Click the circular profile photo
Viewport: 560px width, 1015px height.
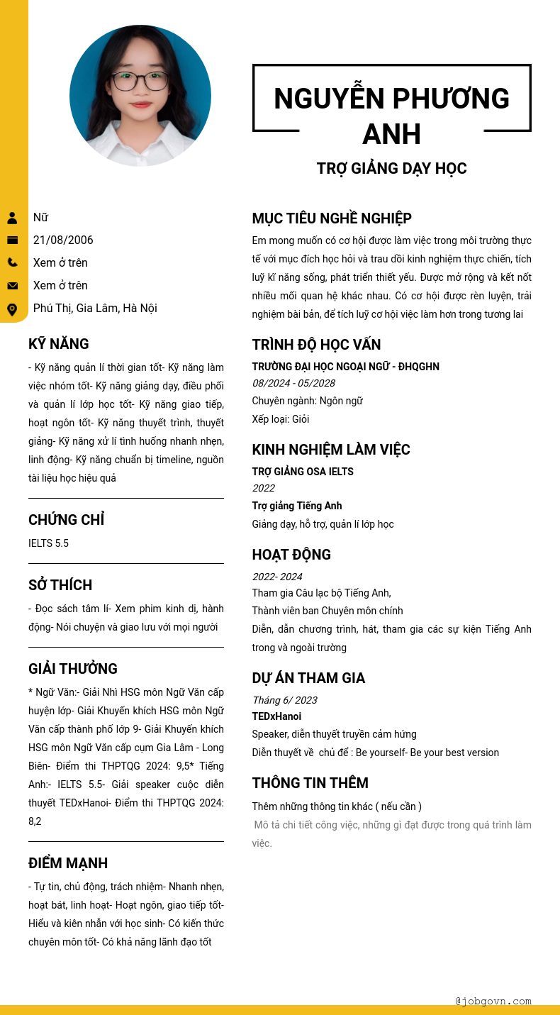coord(140,96)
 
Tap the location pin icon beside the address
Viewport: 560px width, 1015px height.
coord(12,309)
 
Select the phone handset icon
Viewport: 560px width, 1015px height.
coord(12,262)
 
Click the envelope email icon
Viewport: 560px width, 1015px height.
coord(12,286)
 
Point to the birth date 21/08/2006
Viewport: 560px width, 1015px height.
coord(63,240)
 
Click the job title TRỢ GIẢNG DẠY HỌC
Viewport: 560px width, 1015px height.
coord(391,169)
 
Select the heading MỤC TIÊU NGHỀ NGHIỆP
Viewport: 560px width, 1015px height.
coord(332,218)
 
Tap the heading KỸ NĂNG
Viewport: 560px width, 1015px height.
coord(59,345)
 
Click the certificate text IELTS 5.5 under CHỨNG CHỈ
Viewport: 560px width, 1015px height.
coord(48,543)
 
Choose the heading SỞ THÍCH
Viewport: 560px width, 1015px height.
coord(60,586)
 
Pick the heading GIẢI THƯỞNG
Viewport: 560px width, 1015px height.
coord(73,670)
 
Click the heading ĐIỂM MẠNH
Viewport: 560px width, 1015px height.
coord(68,864)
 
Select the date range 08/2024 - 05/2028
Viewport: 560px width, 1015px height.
coord(293,383)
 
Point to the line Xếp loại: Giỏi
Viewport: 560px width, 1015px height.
coord(281,419)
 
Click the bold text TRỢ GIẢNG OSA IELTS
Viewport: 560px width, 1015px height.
coord(303,472)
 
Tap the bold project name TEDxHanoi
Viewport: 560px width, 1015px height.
coord(276,716)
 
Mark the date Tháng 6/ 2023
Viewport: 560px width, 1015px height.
coord(285,700)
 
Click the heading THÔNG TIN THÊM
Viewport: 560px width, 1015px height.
coord(310,783)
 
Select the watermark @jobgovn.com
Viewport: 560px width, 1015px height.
coord(493,1002)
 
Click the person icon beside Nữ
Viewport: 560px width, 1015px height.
coord(12,218)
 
